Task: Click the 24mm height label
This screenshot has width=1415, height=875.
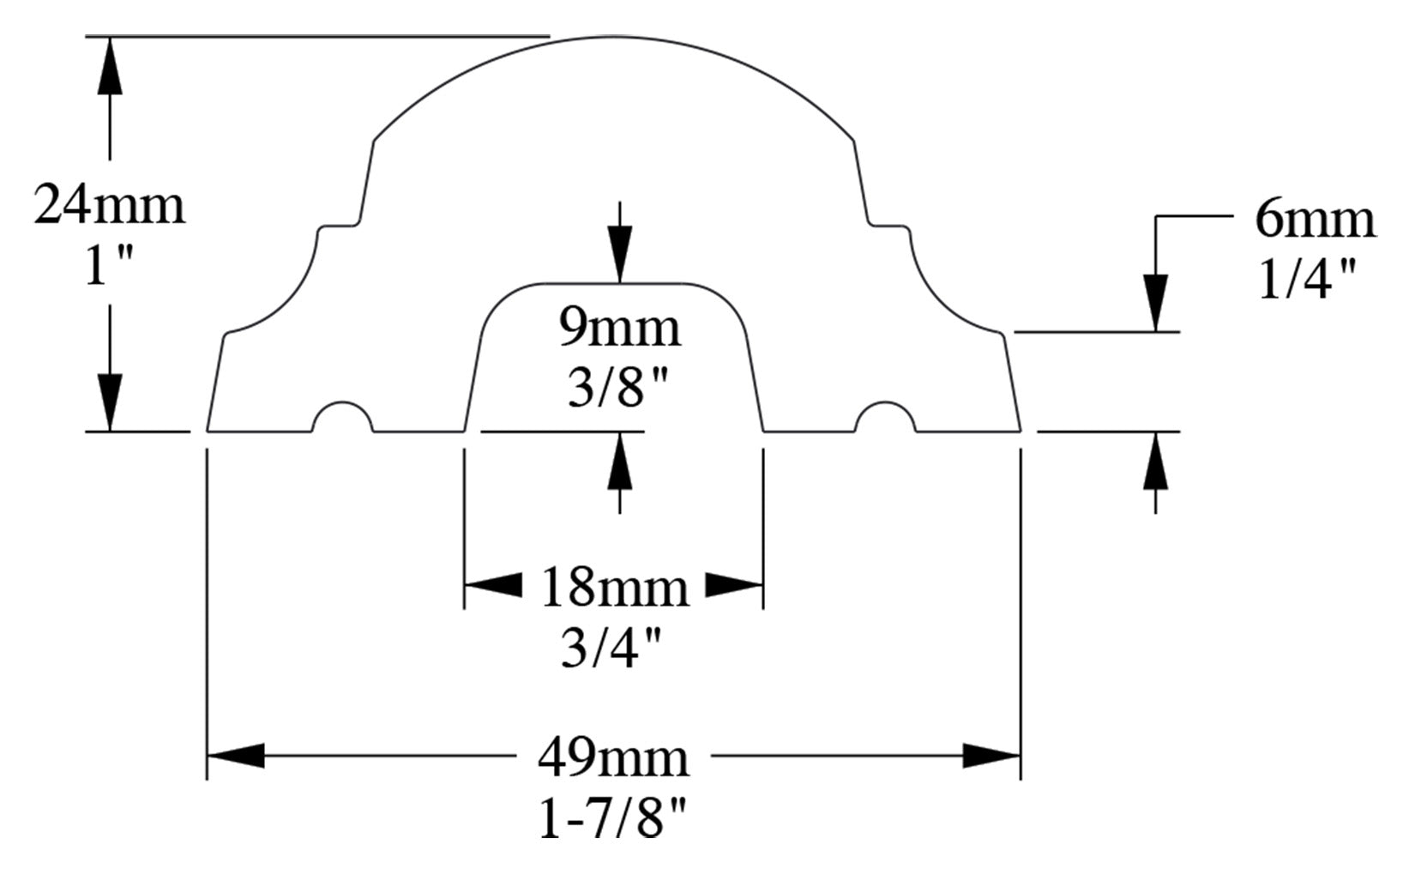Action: (x=109, y=205)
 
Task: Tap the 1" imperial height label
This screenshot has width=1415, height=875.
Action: (x=109, y=265)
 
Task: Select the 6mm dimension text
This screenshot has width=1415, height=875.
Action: (x=1315, y=220)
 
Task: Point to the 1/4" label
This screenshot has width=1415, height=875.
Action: (x=1307, y=280)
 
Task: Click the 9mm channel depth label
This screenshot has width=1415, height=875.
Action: (x=620, y=329)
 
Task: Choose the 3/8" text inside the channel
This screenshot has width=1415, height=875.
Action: (x=617, y=387)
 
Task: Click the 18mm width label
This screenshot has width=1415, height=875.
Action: (x=614, y=588)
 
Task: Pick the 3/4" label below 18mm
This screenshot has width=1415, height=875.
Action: (x=611, y=648)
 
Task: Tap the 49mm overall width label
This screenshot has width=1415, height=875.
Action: (x=613, y=758)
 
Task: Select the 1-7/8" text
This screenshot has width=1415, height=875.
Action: (x=612, y=818)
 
